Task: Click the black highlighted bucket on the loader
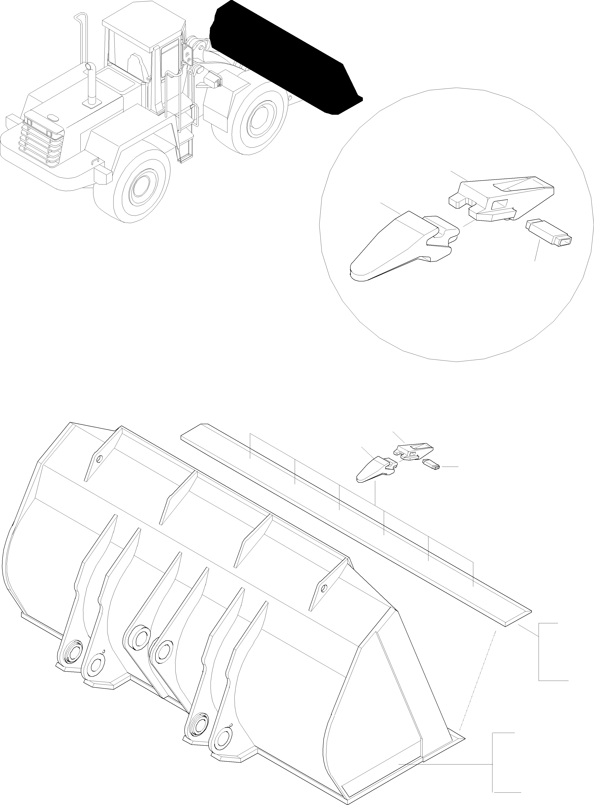click(284, 58)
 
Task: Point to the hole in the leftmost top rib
click(100, 459)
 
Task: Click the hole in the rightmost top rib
click(324, 588)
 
